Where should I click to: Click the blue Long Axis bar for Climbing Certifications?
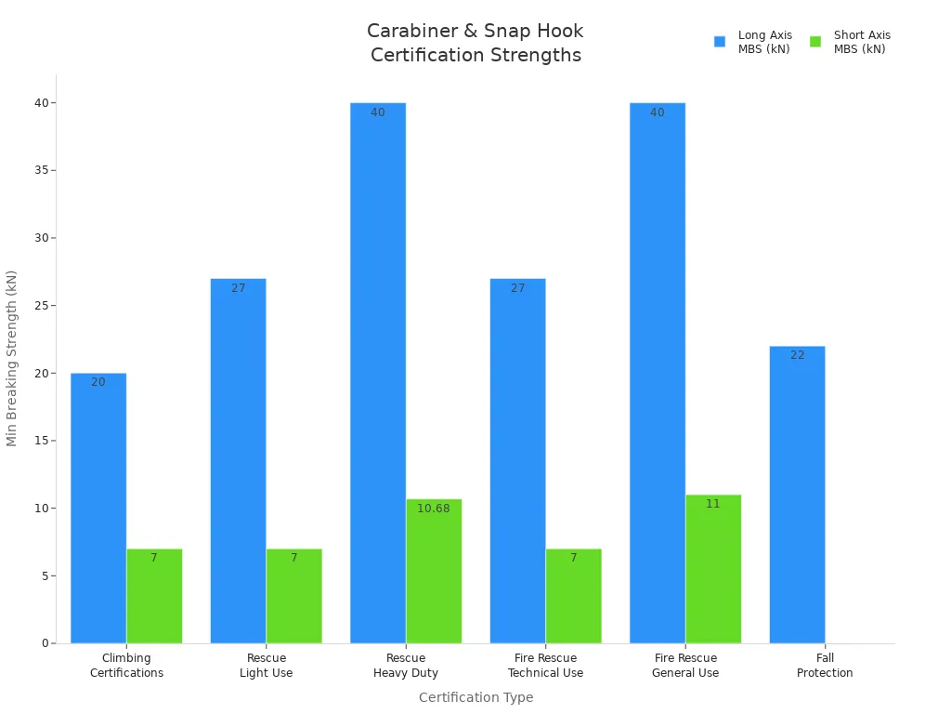[x=98, y=508]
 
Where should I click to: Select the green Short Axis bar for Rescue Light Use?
[x=293, y=596]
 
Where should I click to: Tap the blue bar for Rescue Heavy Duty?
[x=378, y=372]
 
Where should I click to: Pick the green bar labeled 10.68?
[x=434, y=571]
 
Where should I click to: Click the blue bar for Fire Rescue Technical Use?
[x=517, y=460]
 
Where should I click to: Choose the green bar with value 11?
[x=713, y=569]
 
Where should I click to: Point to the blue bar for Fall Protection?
[x=797, y=494]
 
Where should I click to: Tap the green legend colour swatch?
[x=815, y=42]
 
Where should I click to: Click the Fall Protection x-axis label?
[x=825, y=666]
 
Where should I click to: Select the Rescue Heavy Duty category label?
[x=406, y=666]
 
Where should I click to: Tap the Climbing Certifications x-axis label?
[x=126, y=666]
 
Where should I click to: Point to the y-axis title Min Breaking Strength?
[x=12, y=358]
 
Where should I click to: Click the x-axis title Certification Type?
[x=475, y=697]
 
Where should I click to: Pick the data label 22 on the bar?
[x=798, y=355]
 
